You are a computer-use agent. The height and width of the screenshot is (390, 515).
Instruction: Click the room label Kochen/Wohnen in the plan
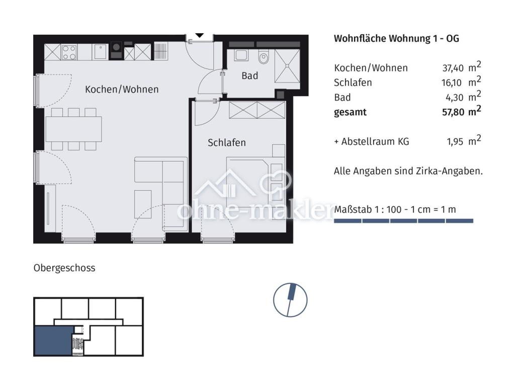tap(122, 90)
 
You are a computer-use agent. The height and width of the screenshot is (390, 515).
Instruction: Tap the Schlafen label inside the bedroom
tap(227, 142)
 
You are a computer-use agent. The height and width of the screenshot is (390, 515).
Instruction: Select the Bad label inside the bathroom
tap(249, 76)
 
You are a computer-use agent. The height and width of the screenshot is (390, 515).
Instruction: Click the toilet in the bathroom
tap(264, 56)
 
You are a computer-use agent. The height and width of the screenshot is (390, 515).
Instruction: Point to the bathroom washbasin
tap(241, 55)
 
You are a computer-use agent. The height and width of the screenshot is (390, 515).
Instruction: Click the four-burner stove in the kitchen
tap(69, 52)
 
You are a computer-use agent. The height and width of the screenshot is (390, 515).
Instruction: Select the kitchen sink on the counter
tap(100, 52)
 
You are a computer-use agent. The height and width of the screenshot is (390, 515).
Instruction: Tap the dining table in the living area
tap(73, 129)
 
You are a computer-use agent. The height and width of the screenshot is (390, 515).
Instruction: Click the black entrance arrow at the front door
tap(200, 35)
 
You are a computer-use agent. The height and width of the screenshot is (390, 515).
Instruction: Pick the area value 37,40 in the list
tap(453, 68)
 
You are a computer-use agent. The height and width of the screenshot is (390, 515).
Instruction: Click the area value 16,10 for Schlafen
tap(452, 83)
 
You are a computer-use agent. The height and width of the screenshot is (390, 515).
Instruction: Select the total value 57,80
tap(453, 112)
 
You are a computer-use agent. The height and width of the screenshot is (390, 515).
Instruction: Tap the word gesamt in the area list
tap(350, 112)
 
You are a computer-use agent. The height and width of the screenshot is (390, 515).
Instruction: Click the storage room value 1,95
tap(455, 142)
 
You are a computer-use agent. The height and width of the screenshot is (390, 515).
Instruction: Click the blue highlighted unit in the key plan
tap(53, 341)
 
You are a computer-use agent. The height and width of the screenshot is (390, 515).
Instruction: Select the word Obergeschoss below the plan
tap(64, 268)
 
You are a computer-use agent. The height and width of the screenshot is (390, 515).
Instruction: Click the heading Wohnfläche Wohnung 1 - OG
tap(396, 38)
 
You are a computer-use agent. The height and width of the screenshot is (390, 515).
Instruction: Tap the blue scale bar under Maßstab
tap(404, 221)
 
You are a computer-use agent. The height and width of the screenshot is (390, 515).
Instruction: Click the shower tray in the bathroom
tap(287, 66)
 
